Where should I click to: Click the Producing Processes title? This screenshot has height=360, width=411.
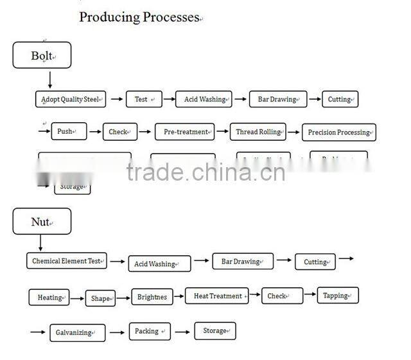(140, 17)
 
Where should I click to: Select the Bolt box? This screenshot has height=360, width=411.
(42, 55)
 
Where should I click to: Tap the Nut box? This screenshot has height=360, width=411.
(42, 222)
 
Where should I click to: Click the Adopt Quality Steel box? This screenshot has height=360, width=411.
(70, 99)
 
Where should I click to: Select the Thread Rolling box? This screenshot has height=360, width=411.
(258, 132)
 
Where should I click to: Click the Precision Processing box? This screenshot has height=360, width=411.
(338, 132)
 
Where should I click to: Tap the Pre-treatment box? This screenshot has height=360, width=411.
(184, 132)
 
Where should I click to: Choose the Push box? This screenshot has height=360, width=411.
(69, 132)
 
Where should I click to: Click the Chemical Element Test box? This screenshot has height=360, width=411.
(67, 261)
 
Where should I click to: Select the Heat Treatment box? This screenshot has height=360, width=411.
(217, 296)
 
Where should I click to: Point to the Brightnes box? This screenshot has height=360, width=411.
(152, 297)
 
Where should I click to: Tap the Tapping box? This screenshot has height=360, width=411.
(337, 296)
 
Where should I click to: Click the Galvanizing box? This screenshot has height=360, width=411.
(77, 332)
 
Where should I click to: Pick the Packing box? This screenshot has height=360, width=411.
(149, 331)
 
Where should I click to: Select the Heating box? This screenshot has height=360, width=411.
(49, 298)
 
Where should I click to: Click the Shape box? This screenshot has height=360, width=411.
(101, 298)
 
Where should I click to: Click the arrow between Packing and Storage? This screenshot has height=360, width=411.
(182, 332)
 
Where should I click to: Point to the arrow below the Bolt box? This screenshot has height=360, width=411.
(49, 80)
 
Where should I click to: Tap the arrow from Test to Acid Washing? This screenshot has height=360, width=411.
(169, 100)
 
